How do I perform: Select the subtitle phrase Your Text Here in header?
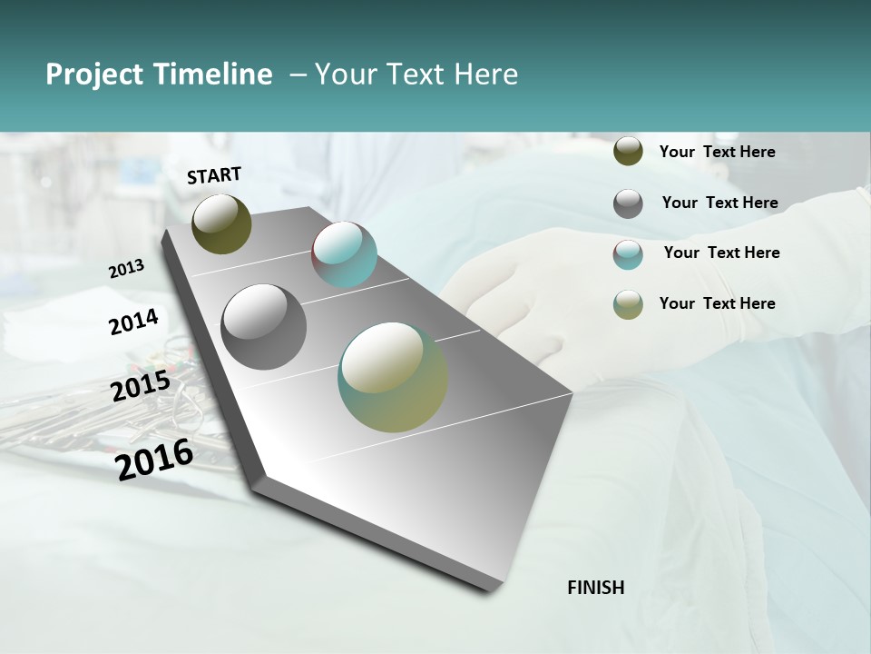pos(416,74)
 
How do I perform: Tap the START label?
pos(214,175)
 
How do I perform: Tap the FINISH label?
pos(595,588)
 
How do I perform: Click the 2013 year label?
pos(126,269)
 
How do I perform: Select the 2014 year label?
pos(133,322)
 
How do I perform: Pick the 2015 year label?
pos(140,386)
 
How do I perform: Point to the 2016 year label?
pos(154,459)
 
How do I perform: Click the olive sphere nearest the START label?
pos(221,223)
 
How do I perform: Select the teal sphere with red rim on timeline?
pos(344,254)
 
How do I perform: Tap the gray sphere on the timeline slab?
pos(263,327)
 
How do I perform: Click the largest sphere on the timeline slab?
pos(393,377)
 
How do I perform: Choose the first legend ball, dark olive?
pos(628,152)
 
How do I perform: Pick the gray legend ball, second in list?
pos(628,203)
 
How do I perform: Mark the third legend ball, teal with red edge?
pos(628,254)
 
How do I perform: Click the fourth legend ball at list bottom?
pos(628,304)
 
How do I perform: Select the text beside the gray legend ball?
pos(719,203)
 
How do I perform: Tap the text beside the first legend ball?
pos(717,152)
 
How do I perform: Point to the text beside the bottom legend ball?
pos(717,303)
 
